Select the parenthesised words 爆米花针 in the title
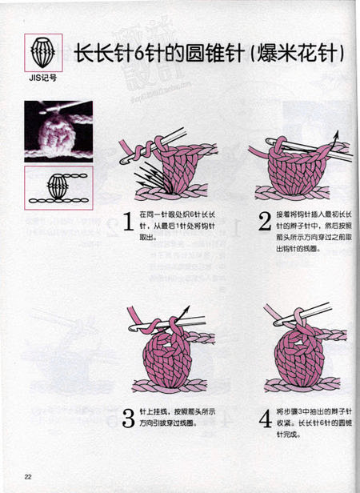coord(298,54)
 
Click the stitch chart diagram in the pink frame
coord(58,189)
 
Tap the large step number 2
coord(265,223)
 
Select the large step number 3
coord(127,418)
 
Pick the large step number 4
coord(265,418)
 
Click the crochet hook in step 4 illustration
coord(320,320)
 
